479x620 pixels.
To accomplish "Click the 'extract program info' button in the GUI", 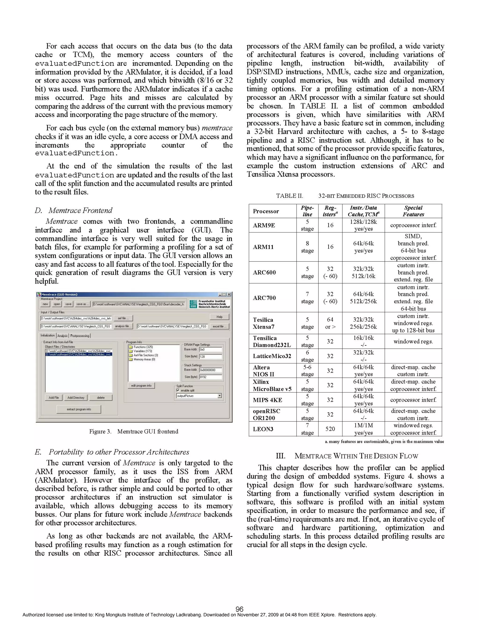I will coord(79,409).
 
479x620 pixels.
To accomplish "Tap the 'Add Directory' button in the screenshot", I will coord(76,397).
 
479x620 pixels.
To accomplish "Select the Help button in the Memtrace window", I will coord(219,317).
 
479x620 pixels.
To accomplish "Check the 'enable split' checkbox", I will coord(178,390).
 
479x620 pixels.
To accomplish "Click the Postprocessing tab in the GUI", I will coord(80,336).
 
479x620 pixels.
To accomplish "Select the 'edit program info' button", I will coord(141,385).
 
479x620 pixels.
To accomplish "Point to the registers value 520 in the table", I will coord(330,429).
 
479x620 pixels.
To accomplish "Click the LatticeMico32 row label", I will coord(272,356).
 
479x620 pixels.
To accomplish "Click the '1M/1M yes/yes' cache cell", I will coord(363,429).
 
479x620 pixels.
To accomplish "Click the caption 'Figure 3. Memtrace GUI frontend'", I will coord(134,431).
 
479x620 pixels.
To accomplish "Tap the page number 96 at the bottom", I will coord(239,609).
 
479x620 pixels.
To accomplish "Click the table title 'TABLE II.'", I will coord(289,196).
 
